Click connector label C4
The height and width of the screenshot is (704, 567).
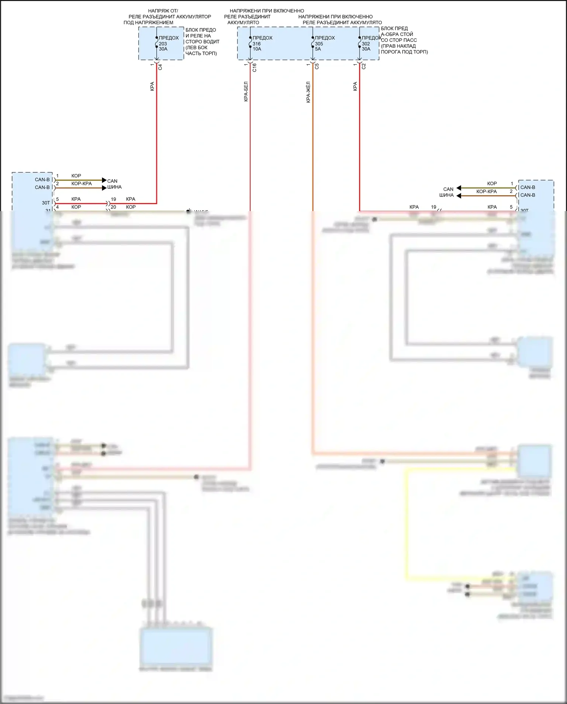(160, 67)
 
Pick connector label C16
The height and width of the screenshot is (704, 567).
(254, 67)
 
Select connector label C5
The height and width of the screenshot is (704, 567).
(317, 66)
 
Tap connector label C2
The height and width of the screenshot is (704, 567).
(364, 66)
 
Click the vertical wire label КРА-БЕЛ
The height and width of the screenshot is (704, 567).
(246, 92)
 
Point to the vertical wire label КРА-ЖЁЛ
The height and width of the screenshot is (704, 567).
(308, 92)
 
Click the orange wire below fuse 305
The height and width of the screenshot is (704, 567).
(313, 151)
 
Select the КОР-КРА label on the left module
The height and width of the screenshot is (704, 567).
(81, 183)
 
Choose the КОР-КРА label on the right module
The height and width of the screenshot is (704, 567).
(486, 191)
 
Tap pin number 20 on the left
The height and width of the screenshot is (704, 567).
(113, 207)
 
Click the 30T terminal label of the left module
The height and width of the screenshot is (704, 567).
(45, 203)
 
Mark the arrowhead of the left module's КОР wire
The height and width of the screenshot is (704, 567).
(104, 180)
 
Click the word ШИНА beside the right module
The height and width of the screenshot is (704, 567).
(446, 195)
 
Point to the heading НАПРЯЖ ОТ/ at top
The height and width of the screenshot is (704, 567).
(163, 11)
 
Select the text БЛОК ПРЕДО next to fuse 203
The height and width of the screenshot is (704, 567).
(201, 30)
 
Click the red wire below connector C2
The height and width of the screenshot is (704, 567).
(359, 144)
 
